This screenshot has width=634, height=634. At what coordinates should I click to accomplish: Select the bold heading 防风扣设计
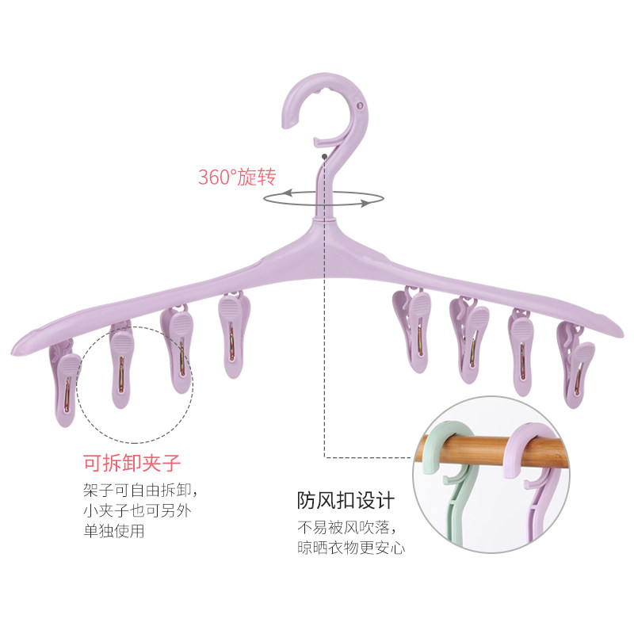point(346,500)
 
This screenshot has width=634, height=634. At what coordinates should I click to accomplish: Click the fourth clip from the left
point(233,333)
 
